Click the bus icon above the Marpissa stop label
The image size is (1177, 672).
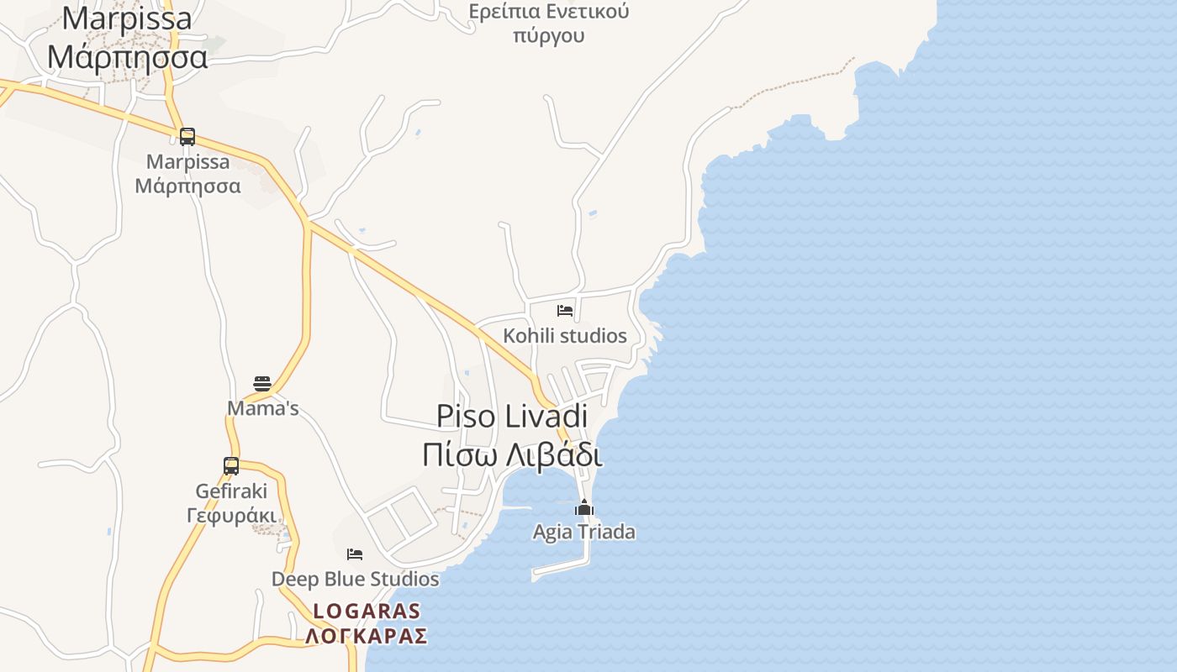(x=187, y=136)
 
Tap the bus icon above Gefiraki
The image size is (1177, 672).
(x=231, y=465)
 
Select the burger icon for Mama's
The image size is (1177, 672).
(x=262, y=384)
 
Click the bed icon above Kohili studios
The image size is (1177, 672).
(x=565, y=311)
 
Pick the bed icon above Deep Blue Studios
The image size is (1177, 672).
(x=355, y=554)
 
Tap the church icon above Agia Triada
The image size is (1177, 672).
(x=584, y=507)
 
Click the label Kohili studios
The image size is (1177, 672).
(x=565, y=336)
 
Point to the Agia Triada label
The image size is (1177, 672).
(x=584, y=532)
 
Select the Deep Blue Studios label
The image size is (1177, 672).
(x=355, y=579)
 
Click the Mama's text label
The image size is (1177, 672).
(x=263, y=409)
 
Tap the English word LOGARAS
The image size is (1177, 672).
(x=367, y=611)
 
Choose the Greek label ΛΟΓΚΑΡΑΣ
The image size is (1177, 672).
(x=367, y=636)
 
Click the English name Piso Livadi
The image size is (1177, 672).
(x=512, y=417)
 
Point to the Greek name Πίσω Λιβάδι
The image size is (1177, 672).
(x=512, y=454)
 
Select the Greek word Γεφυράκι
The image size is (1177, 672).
(x=231, y=515)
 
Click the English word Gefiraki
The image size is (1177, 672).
(x=231, y=491)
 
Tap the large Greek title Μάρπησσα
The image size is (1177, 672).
(x=127, y=57)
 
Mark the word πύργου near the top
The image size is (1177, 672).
(x=549, y=36)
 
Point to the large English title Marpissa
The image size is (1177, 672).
(x=127, y=18)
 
